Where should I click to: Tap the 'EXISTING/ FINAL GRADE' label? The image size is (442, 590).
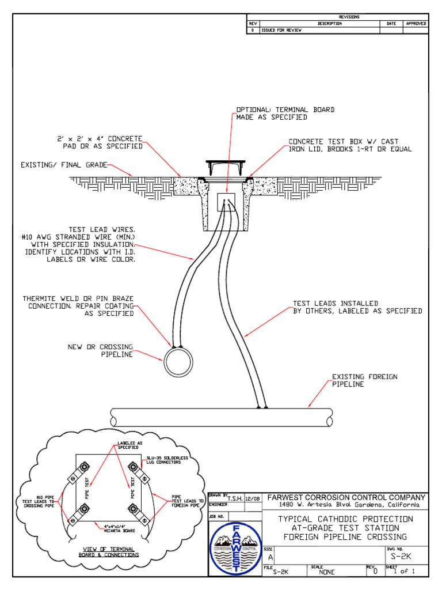tap(64, 165)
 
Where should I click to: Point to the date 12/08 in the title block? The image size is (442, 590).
tap(253, 499)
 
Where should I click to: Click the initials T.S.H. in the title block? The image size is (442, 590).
tap(235, 499)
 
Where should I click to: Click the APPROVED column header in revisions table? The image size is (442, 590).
tap(416, 24)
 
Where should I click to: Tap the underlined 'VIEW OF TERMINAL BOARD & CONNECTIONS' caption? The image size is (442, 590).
tap(109, 552)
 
